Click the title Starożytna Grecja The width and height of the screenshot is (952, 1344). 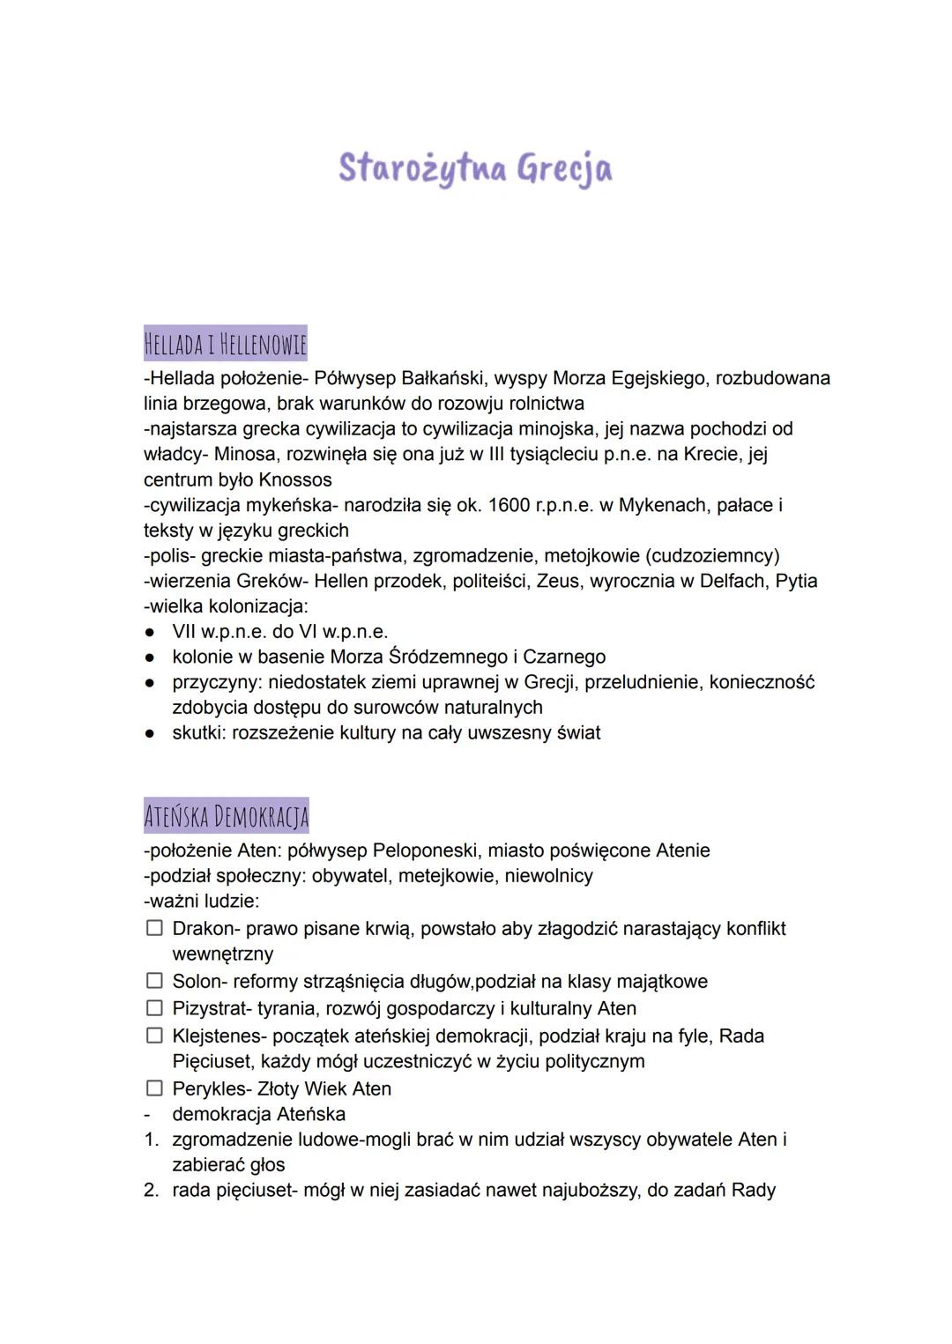[x=475, y=167]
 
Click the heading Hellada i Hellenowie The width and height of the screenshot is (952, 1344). [x=226, y=343]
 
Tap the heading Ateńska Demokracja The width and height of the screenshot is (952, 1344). [x=227, y=816]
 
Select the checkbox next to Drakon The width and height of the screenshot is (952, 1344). [x=154, y=928]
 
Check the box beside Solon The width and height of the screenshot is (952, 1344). [x=154, y=981]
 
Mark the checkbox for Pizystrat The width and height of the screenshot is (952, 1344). [x=154, y=1007]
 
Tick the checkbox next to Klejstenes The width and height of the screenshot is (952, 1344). [x=154, y=1036]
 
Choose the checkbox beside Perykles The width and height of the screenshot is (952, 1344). [x=154, y=1088]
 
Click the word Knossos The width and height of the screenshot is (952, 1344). [x=294, y=480]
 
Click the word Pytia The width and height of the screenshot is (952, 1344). [x=796, y=581]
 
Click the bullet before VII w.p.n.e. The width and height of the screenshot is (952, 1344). [x=151, y=632]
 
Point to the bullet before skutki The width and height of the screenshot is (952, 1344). [x=151, y=733]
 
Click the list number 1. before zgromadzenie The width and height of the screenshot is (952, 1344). [x=152, y=1140]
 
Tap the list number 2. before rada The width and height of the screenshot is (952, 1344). [x=152, y=1191]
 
